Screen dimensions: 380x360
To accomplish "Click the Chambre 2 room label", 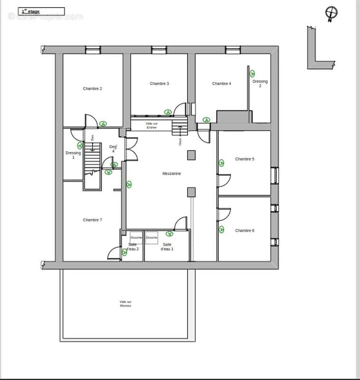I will point(93,88).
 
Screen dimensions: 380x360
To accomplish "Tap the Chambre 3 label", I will point(160,84).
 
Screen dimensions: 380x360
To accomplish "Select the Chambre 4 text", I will point(221,84).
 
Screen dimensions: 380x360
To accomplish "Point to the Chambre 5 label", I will point(245,159).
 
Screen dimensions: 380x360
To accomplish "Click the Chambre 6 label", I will point(245,230).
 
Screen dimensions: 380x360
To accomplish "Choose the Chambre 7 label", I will point(93,220).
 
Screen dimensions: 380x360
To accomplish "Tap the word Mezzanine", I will point(171,174).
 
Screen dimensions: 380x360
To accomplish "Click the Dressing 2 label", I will point(260,84).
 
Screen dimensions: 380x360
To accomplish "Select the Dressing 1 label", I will point(73,155).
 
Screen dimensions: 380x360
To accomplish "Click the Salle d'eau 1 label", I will point(167,247).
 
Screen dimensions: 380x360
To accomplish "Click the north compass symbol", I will point(331,13).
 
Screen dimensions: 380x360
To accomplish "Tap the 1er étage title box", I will point(41,11).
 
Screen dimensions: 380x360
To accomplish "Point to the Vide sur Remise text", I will point(125,304).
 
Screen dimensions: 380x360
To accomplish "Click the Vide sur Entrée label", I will point(152,125).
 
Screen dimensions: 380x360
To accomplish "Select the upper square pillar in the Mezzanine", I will point(191,154).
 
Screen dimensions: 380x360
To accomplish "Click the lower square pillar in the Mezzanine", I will point(191,192).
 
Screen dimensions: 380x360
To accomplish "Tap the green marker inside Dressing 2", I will point(252,73).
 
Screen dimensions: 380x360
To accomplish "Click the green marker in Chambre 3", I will point(168,112).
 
